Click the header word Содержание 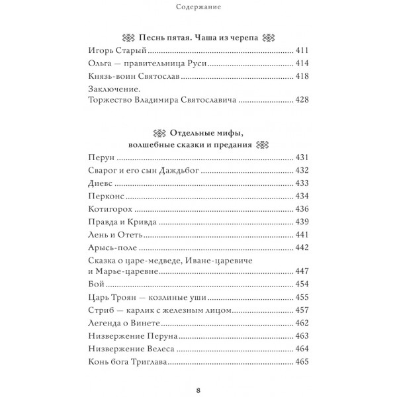point(198,8)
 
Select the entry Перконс point(105,196)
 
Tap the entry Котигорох point(109,208)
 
